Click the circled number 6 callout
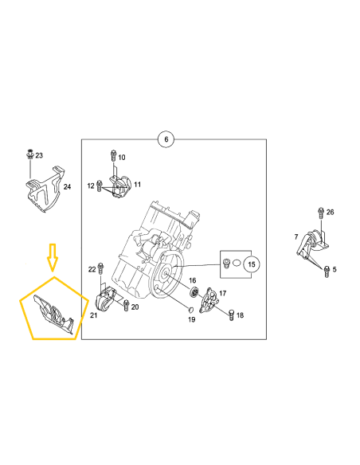tap(166, 139)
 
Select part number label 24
tap(67, 186)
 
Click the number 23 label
tap(41, 155)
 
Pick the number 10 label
tap(122, 157)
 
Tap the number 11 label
tap(137, 185)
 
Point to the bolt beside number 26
tap(320, 211)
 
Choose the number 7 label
tap(295, 236)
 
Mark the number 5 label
tap(335, 269)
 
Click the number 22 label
tap(92, 268)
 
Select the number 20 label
tap(135, 307)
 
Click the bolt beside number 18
tap(231, 316)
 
